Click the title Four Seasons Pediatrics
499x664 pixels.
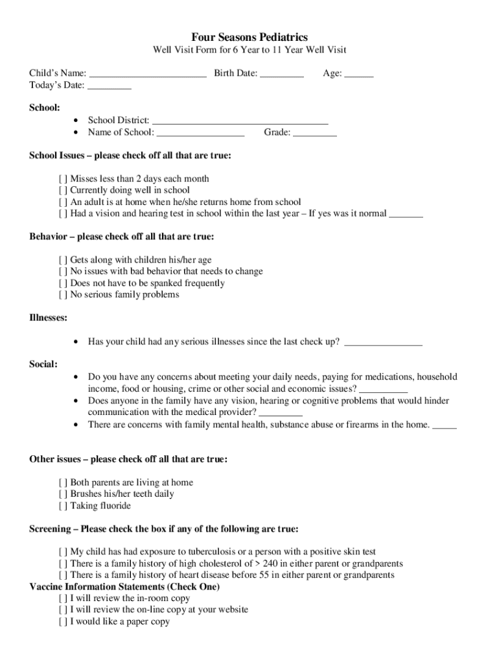(x=250, y=37)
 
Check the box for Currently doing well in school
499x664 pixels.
(x=63, y=191)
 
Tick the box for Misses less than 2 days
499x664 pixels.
(x=63, y=179)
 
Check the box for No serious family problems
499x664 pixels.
(x=63, y=295)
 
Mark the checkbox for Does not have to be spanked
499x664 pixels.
(x=63, y=283)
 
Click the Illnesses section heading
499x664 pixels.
(x=49, y=318)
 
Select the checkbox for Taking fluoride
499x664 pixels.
(x=63, y=506)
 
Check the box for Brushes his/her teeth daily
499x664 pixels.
(x=63, y=494)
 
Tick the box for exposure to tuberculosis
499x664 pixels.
(x=63, y=552)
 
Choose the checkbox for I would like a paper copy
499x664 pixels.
(x=63, y=622)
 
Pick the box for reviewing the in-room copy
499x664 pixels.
(x=63, y=599)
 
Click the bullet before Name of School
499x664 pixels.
(x=77, y=132)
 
